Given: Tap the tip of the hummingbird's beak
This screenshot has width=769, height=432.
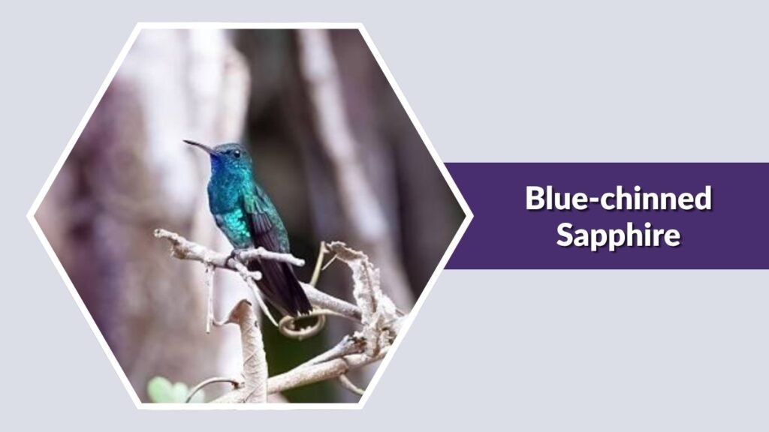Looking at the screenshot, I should click(x=185, y=141).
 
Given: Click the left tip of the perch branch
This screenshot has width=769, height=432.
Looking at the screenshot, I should click(x=158, y=234).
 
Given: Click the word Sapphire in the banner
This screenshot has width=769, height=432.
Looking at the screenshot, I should click(x=618, y=235).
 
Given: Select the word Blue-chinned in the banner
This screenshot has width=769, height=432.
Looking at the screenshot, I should click(x=618, y=199).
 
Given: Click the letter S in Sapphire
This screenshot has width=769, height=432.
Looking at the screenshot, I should click(x=564, y=235).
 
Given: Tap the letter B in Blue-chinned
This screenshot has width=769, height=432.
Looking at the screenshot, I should click(x=533, y=199).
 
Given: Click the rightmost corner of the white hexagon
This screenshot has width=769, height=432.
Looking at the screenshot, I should click(x=470, y=217).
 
